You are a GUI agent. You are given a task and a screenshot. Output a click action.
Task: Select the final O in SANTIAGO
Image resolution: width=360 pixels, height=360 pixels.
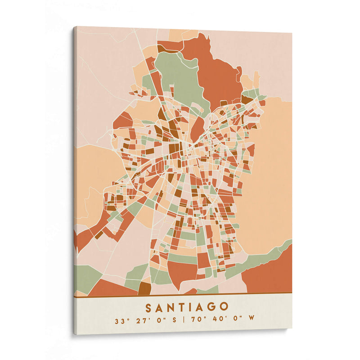(x=224, y=307)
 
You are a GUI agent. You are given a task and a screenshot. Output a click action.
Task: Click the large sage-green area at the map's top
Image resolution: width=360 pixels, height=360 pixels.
(x=180, y=76)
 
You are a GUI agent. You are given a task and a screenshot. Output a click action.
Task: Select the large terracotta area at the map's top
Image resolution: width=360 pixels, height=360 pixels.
(x=216, y=67)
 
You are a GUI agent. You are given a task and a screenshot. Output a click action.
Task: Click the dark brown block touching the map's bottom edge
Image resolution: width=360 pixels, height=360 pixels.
(x=144, y=288)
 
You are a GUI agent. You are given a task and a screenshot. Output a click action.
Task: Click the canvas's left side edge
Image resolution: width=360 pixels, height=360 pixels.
(x=74, y=180)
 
